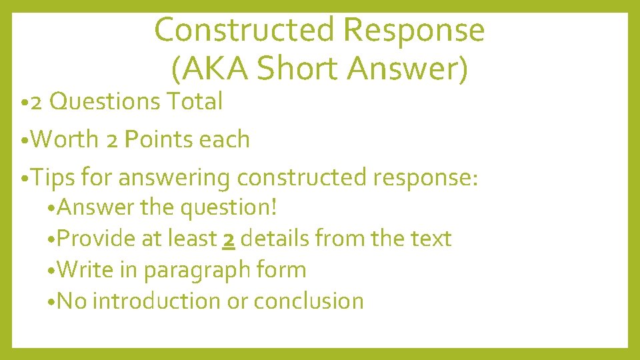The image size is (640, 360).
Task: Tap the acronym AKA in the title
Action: [211, 68]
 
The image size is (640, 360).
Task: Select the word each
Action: [225, 140]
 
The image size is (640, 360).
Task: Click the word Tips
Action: [53, 179]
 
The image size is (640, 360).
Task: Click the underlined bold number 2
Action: [229, 239]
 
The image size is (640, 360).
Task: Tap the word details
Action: [274, 238]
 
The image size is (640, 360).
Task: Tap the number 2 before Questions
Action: [37, 103]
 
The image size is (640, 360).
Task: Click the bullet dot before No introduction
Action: [53, 302]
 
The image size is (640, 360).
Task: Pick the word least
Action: [195, 238]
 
